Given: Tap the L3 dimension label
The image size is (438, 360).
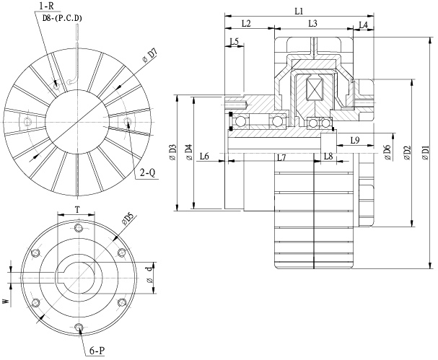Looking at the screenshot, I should (x=313, y=24).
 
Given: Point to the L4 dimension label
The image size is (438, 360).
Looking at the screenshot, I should (x=363, y=25).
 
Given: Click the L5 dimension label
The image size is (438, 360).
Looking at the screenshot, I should (x=233, y=42).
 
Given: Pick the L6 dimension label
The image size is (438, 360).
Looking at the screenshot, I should (x=204, y=157).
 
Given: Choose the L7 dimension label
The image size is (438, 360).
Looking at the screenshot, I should (x=282, y=157).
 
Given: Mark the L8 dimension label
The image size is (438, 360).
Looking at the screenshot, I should (x=328, y=157).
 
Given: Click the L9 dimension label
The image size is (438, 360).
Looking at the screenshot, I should (x=354, y=140).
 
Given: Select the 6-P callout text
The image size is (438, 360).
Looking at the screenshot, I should (x=99, y=351).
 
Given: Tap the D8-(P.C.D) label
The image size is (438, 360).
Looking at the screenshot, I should (x=63, y=19).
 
